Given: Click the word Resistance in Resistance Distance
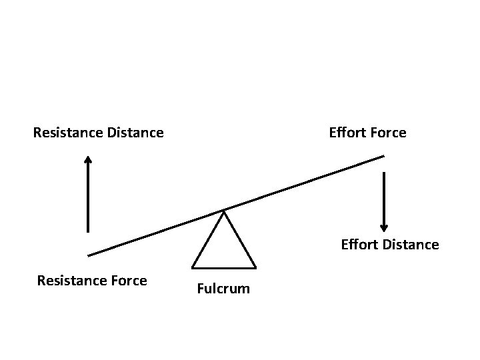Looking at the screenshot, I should click(67, 133).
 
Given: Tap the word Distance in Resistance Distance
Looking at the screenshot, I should click(135, 133).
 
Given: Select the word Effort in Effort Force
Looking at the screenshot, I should click(347, 133).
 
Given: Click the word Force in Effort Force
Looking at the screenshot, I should click(388, 133).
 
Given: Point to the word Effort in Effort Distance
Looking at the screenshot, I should click(359, 245).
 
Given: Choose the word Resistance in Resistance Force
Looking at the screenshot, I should click(71, 281).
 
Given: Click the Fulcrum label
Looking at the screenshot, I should click(223, 289).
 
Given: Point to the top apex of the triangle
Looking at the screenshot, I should click(224, 212).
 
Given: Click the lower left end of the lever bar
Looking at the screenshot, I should click(89, 255).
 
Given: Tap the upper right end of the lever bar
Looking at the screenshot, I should click(383, 157).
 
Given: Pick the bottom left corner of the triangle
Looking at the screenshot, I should click(193, 267).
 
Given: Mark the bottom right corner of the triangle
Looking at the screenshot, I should click(255, 267).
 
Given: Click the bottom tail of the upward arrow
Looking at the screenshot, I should click(87, 231).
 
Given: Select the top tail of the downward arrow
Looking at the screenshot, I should click(384, 173).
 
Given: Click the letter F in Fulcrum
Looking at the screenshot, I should click(200, 289).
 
